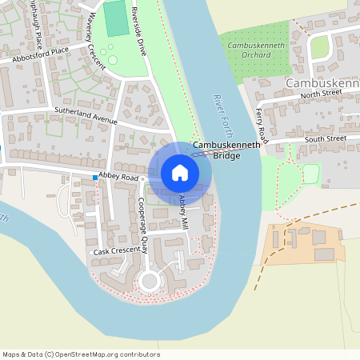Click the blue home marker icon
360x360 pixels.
click(x=180, y=173)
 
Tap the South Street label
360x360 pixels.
click(x=326, y=138)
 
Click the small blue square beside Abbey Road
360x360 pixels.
click(x=95, y=177)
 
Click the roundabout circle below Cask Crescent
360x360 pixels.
click(x=148, y=281)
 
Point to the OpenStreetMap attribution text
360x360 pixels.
click(x=81, y=354)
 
